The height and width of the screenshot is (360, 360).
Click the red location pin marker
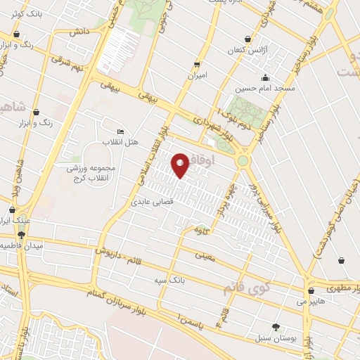point(181,166)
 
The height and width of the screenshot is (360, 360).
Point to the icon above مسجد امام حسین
point(264,77)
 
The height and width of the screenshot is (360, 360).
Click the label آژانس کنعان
point(245,51)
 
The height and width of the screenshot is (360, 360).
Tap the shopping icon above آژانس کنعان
point(247,39)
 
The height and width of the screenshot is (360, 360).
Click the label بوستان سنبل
point(275,338)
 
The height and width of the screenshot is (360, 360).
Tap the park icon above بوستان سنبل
point(276,327)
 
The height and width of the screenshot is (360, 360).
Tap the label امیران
point(196,74)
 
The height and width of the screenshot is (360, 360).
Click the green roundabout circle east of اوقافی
point(243,160)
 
